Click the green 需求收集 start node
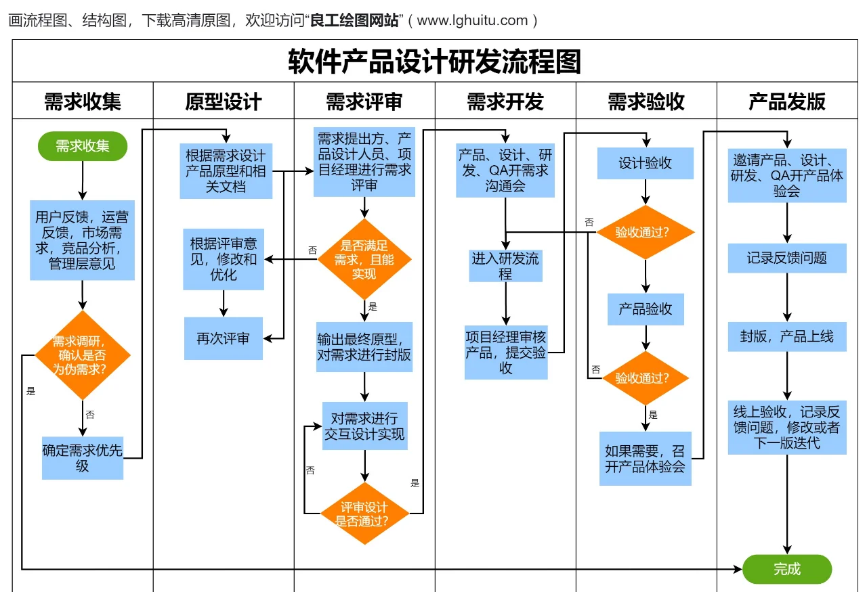83,146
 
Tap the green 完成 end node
786,569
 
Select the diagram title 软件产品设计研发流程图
434,62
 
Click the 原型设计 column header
224,101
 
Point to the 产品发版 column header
786,101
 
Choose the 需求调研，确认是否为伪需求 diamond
83,355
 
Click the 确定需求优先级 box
83,458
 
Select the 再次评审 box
224,338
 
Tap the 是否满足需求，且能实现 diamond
364,259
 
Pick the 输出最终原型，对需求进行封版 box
364,346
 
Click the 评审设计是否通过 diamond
364,514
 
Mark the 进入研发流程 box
505,266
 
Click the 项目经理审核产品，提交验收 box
505,352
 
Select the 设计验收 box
646,163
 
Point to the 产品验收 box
646,309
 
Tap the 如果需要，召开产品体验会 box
646,458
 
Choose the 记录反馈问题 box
786,258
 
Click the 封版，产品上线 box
786,336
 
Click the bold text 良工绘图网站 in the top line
354,20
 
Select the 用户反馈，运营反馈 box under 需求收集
83,240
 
